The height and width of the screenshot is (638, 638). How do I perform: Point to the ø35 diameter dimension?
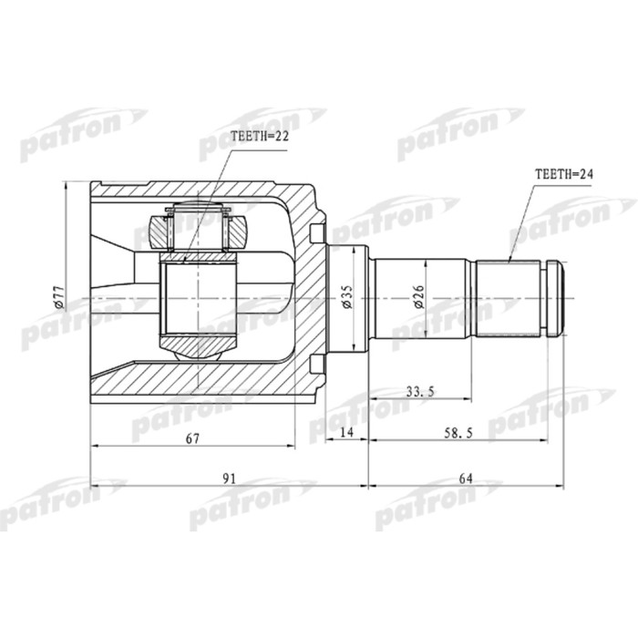[x=346, y=296]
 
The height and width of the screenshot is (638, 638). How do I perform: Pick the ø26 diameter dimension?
[x=417, y=296]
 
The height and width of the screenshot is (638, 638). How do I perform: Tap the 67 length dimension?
[x=192, y=438]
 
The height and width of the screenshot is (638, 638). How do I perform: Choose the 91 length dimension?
[x=229, y=477]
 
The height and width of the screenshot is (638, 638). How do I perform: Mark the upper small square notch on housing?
[x=317, y=229]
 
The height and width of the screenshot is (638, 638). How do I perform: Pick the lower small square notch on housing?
[x=317, y=365]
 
